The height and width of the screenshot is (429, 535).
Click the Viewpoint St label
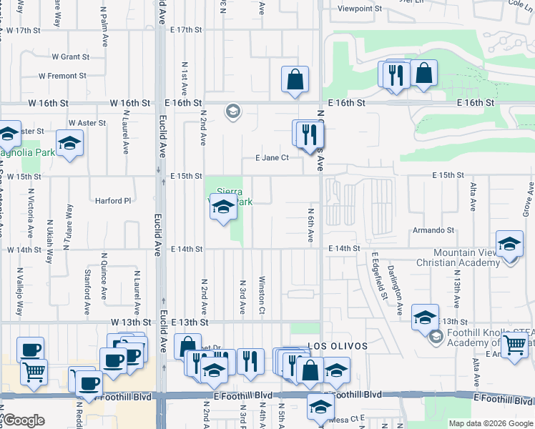coord(359,9)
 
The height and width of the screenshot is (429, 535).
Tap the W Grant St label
coord(70,56)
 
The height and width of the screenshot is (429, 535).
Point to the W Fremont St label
coord(62,75)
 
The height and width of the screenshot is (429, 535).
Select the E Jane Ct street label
coord(272,158)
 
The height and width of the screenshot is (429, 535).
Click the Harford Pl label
coord(113,201)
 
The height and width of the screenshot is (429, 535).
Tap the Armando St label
coord(433,230)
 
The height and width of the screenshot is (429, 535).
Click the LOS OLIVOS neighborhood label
coord(338,346)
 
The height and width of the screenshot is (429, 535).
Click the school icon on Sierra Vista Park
coord(224,207)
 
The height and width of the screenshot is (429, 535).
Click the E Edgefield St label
coord(378,276)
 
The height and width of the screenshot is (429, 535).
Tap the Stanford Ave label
coord(87,282)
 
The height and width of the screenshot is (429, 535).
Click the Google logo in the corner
coord(23,420)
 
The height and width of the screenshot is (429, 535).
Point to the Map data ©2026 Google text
coord(491,423)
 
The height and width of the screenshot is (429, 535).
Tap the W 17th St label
coord(26,31)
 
